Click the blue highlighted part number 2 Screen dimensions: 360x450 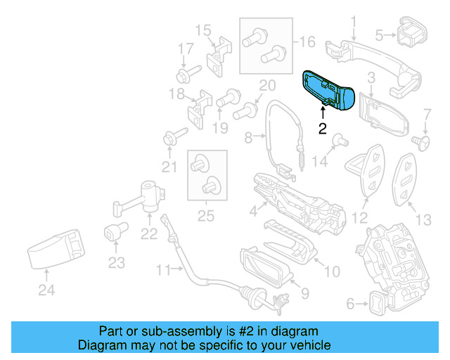coord(327,90)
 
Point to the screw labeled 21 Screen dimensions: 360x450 coord(173,134)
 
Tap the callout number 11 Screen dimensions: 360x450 coord(164,269)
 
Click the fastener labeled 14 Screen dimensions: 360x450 coord(337,139)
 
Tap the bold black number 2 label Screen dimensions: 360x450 coord(322,128)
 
